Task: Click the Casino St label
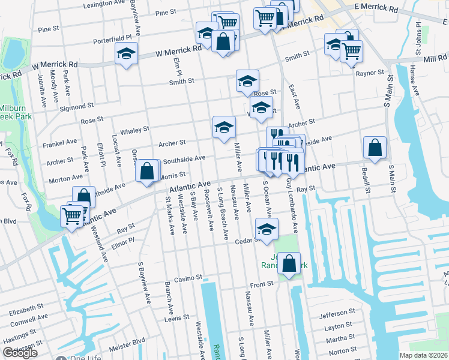(187, 279)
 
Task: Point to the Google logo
(20, 352)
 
